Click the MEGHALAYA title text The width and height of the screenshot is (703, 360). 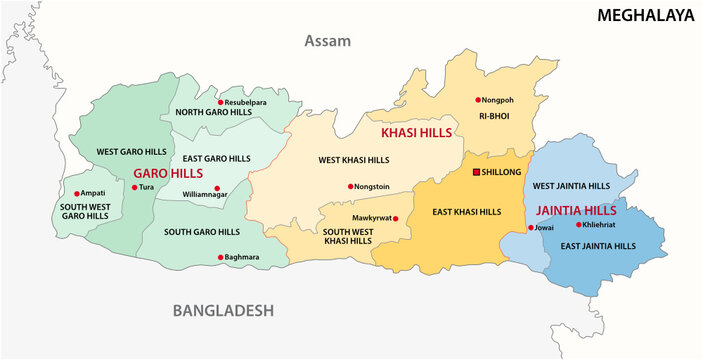point(644,15)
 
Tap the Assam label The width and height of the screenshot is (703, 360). point(329,41)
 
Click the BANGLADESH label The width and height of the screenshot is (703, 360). point(223,311)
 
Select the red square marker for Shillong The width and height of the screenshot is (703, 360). point(477,172)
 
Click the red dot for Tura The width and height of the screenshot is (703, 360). point(135,187)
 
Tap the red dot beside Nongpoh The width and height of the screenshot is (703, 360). point(478,101)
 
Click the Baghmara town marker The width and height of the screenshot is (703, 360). point(220,257)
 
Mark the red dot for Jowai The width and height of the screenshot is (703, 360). point(531,228)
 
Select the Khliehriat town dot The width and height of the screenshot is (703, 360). point(578,225)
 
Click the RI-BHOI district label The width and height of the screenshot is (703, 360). point(494,117)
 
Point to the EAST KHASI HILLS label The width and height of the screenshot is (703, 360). point(465,212)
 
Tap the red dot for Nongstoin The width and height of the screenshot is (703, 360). point(351,186)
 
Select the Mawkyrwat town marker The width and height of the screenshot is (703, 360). point(396,218)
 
